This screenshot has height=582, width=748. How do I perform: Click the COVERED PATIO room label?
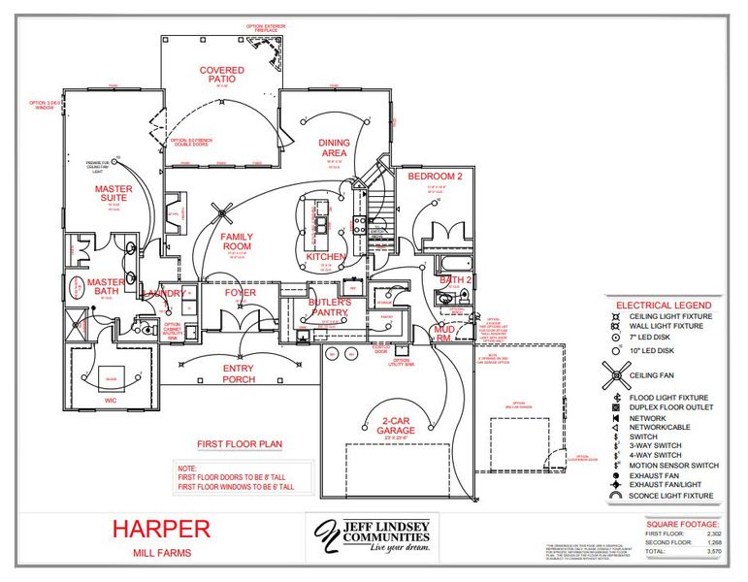tap(222, 77)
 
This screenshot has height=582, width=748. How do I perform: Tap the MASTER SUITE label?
tap(114, 194)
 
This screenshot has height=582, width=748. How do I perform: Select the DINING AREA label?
tap(335, 148)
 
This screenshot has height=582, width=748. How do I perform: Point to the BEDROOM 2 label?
tap(435, 177)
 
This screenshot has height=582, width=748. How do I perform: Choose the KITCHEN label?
tap(325, 256)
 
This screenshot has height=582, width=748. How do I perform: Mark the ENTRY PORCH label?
tap(239, 373)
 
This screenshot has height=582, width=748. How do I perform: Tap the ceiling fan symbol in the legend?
tap(616, 372)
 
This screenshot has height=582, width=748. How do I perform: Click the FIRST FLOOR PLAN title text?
tap(240, 443)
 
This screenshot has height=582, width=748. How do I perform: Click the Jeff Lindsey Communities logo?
tap(372, 534)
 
